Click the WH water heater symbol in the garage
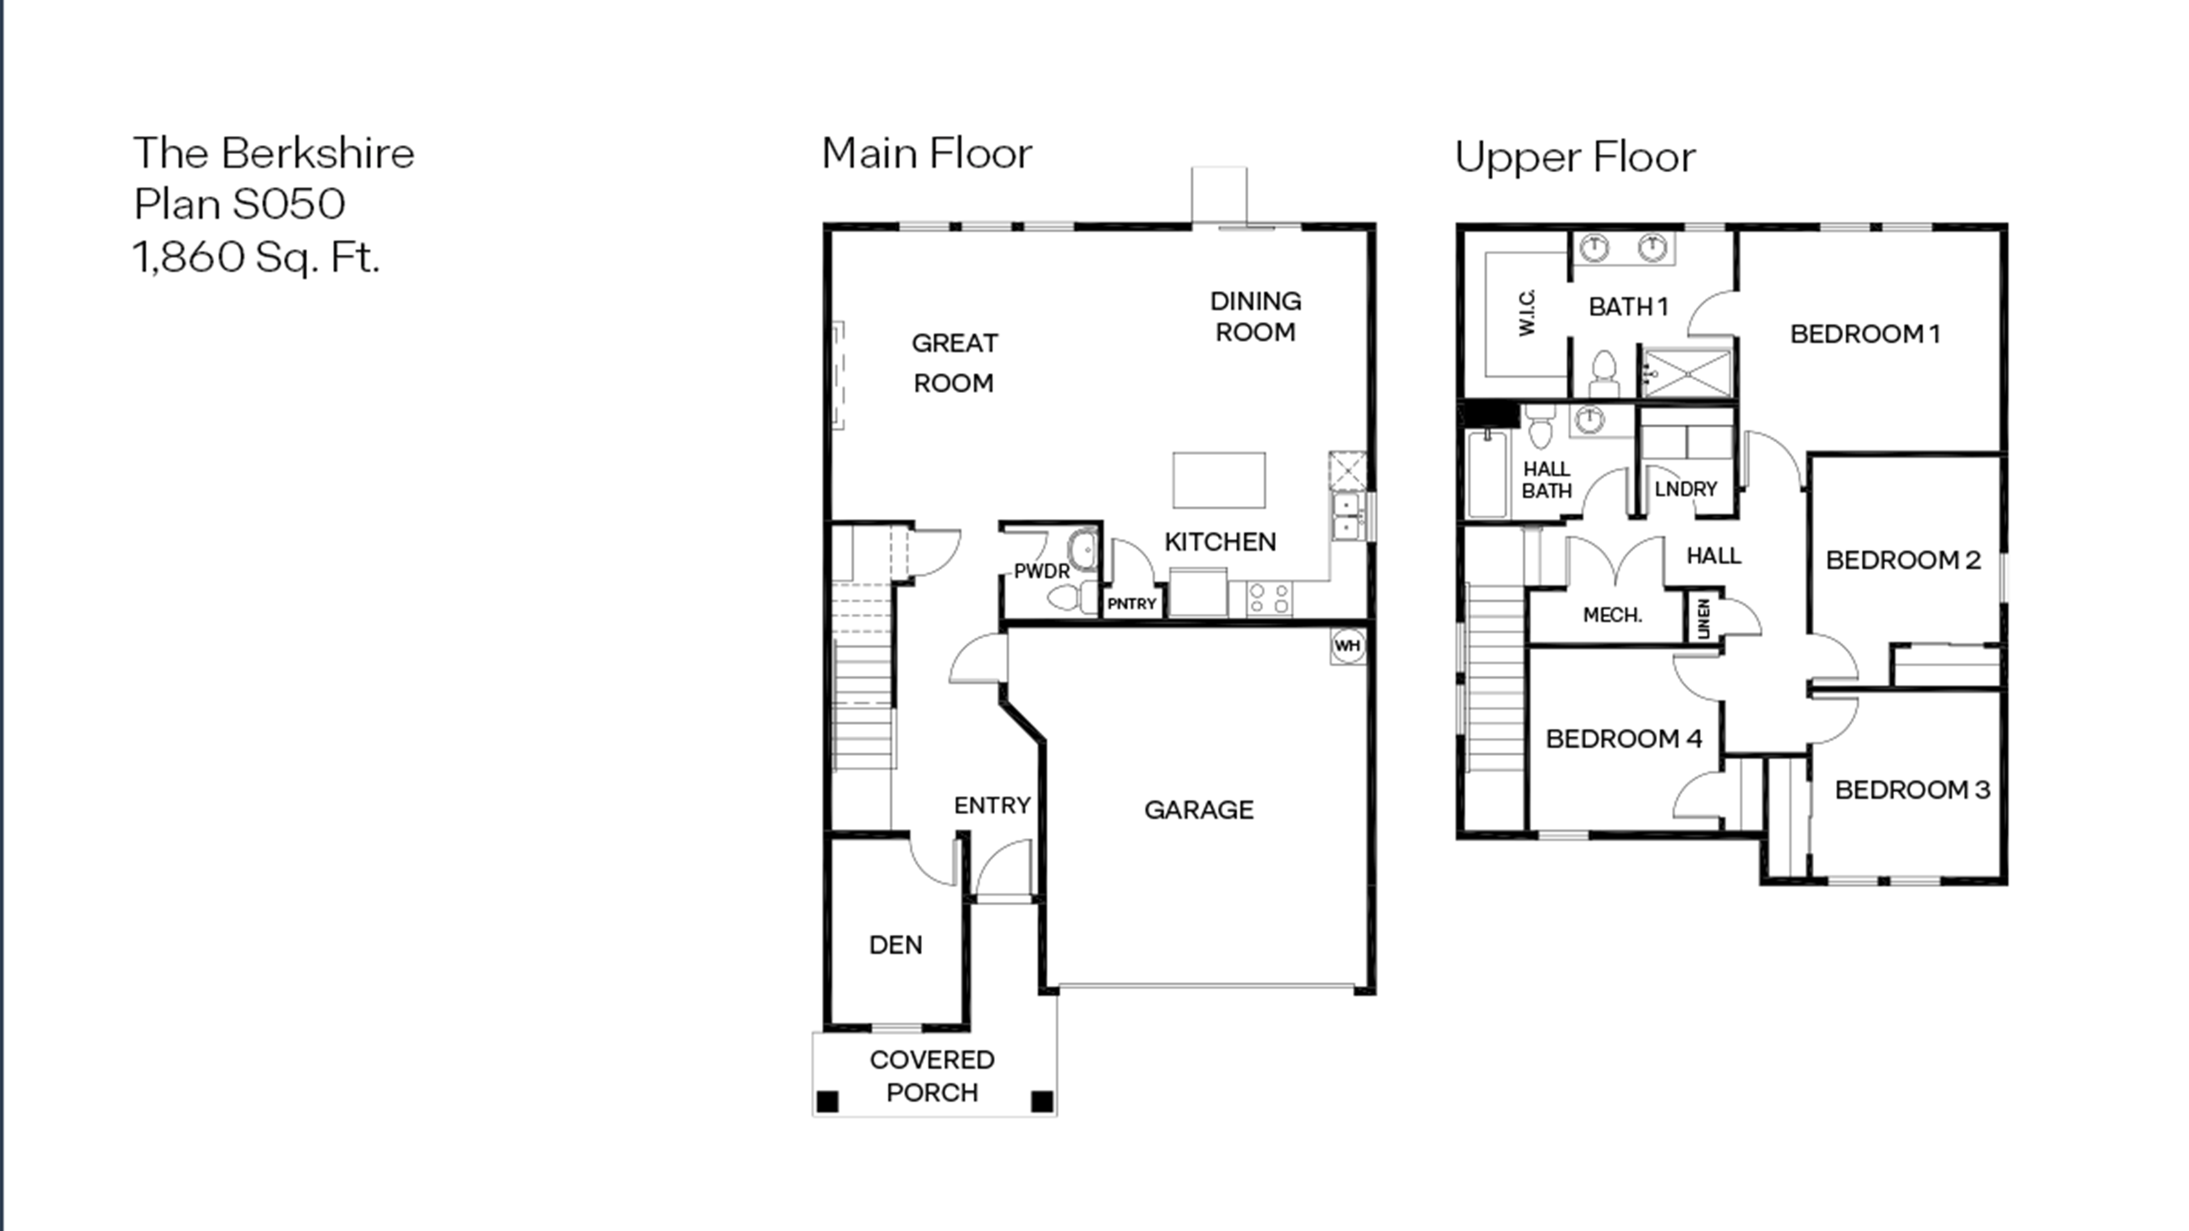pyautogui.click(x=1347, y=645)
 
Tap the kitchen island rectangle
pyautogui.click(x=1218, y=480)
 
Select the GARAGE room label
pyautogui.click(x=1198, y=810)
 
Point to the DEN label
pyautogui.click(x=896, y=944)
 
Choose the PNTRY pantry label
pyautogui.click(x=1131, y=603)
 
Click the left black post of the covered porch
pyautogui.click(x=827, y=1102)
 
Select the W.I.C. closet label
pyautogui.click(x=1527, y=312)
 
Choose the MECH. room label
pyautogui.click(x=1612, y=614)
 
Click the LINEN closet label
pyautogui.click(x=1703, y=619)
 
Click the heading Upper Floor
pyautogui.click(x=1575, y=157)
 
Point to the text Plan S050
pyautogui.click(x=240, y=204)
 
